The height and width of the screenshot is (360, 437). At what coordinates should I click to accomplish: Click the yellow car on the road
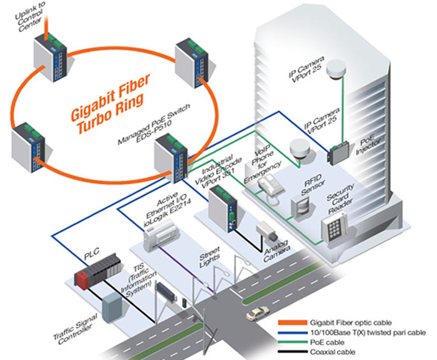tap(257, 313)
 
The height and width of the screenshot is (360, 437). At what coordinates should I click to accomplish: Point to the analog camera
tap(265, 230)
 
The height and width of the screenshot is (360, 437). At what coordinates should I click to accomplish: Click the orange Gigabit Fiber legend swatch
tap(288, 323)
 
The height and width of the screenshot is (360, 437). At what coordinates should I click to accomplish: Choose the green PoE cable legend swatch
tap(288, 342)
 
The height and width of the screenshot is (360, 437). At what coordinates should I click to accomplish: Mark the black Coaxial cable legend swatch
tap(288, 352)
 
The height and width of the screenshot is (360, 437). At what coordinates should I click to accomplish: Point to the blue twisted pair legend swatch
tap(288, 333)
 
